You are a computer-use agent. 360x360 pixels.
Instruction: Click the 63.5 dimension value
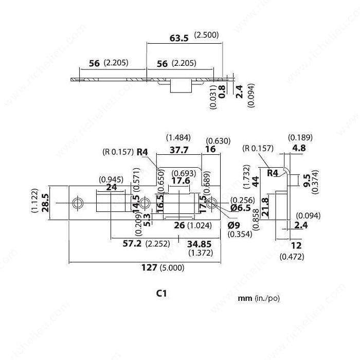179,38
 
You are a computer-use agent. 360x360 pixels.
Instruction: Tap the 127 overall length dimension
149,267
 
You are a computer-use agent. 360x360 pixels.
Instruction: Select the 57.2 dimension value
132,243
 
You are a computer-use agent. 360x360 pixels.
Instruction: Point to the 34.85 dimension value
199,244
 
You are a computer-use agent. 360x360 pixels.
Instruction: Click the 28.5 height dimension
45,203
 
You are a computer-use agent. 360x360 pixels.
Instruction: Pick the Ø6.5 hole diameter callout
241,208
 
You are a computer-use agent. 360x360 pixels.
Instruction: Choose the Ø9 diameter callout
234,225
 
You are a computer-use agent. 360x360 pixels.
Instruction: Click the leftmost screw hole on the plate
78,203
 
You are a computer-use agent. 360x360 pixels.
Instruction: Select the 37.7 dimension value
179,150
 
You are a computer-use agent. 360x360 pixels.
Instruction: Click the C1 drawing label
161,293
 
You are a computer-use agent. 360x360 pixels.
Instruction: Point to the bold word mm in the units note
245,298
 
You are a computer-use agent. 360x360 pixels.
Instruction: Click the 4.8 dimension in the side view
299,148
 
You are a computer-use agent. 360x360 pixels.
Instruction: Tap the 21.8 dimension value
265,207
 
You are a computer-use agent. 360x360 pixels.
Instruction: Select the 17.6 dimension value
181,181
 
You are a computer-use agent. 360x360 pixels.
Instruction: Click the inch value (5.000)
172,268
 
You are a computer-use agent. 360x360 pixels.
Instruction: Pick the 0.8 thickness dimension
222,92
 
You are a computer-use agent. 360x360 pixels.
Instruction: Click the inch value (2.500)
206,35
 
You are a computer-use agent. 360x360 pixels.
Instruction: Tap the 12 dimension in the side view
296,246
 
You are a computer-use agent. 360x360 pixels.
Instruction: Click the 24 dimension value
112,187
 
